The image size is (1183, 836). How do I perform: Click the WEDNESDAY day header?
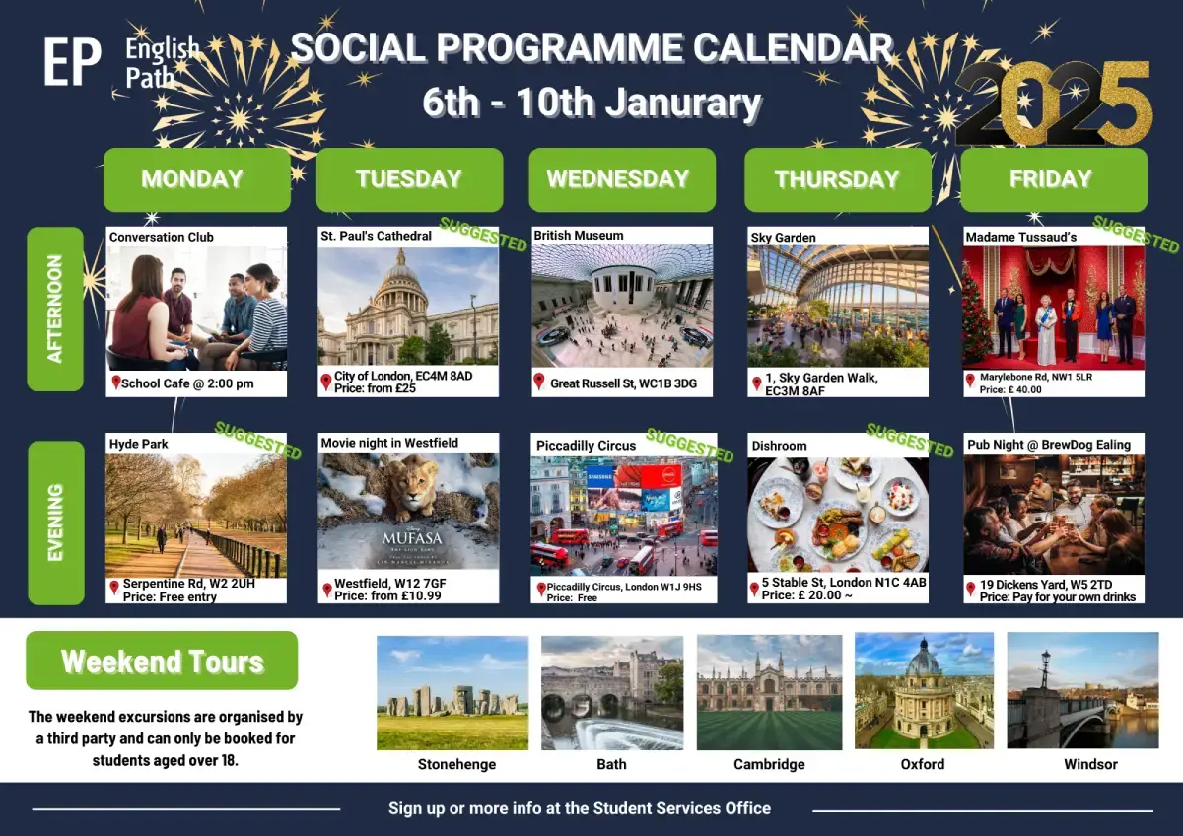pyautogui.click(x=622, y=179)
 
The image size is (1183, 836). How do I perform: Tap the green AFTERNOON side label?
pyautogui.click(x=55, y=309)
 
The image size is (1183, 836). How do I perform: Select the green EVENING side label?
pyautogui.click(x=56, y=522)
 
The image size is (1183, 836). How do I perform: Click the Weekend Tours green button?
pyautogui.click(x=162, y=661)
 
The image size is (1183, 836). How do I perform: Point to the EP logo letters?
pyautogui.click(x=72, y=61)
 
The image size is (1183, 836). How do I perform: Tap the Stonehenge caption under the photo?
pyautogui.click(x=456, y=764)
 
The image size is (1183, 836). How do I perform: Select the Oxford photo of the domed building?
pyautogui.click(x=925, y=690)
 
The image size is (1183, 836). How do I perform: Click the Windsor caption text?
pyautogui.click(x=1090, y=764)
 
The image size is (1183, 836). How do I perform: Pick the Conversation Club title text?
pyautogui.click(x=162, y=237)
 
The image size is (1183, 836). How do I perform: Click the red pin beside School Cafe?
pyautogui.click(x=115, y=383)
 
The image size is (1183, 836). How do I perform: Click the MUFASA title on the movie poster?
pyautogui.click(x=412, y=538)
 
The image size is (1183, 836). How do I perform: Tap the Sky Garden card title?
pyautogui.click(x=783, y=238)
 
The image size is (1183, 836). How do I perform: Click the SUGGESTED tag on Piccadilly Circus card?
pyautogui.click(x=690, y=446)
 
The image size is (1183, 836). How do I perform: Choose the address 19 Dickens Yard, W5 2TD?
pyautogui.click(x=1046, y=585)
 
